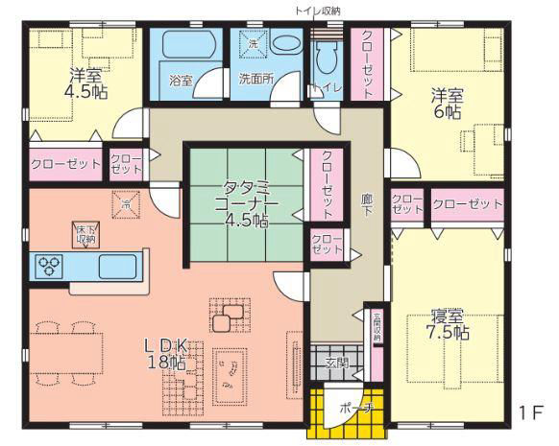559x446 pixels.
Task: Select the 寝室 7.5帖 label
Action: (x=448, y=324)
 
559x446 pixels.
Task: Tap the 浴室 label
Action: (x=181, y=82)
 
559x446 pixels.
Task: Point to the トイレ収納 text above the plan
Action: (x=317, y=11)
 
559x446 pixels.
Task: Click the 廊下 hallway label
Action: (x=366, y=203)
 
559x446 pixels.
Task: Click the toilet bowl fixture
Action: (x=323, y=59)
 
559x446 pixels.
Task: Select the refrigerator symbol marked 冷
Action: (x=126, y=202)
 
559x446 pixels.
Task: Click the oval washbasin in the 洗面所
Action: (x=284, y=44)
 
